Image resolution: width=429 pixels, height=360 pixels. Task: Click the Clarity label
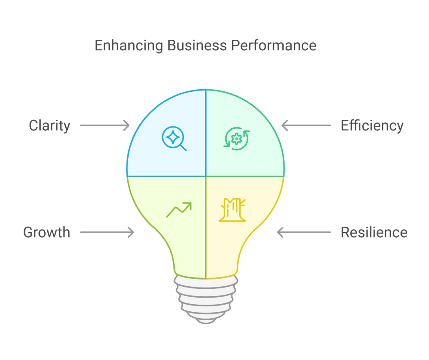tap(49, 125)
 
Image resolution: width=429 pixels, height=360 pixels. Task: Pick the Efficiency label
tap(372, 125)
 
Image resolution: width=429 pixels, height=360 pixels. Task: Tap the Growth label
tap(47, 232)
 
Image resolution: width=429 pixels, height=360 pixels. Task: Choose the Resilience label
tap(374, 232)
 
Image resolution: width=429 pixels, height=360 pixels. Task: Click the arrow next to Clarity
tap(105, 125)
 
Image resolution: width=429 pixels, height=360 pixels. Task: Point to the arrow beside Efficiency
tap(306, 125)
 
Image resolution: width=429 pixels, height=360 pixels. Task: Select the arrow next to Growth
tap(107, 232)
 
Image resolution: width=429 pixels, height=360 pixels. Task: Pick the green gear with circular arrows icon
tap(237, 139)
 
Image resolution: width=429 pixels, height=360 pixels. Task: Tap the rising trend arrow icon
tap(179, 210)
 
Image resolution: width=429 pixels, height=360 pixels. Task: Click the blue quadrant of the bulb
tap(168, 159)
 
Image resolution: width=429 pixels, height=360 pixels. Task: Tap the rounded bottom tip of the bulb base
tap(205, 320)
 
